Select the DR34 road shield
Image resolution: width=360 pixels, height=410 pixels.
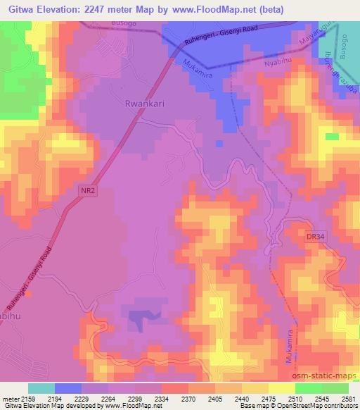pyautogui.click(x=315, y=237)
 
